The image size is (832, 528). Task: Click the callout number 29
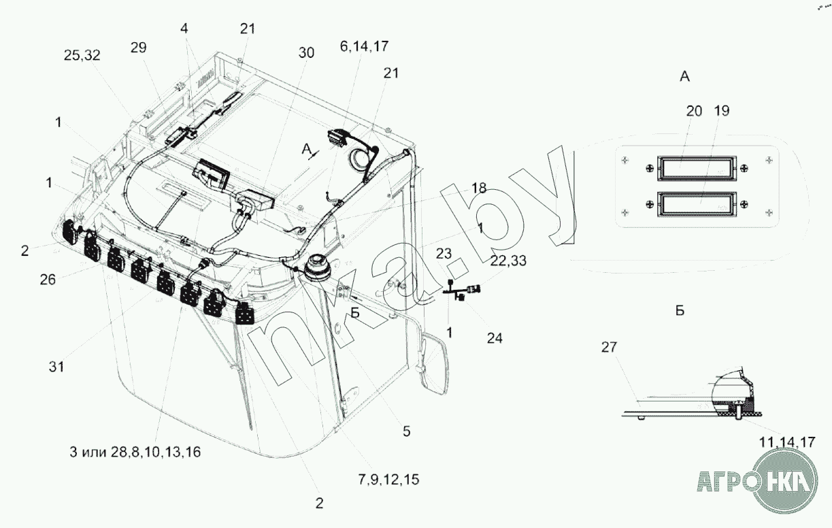point(139,48)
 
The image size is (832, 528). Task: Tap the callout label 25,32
point(82,55)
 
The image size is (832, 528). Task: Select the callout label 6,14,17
point(364,46)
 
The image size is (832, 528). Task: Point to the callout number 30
point(306,53)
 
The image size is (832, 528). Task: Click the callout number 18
point(479,188)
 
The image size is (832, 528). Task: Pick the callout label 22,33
point(508,261)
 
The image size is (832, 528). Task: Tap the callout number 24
point(495,338)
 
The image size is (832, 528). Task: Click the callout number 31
point(56,367)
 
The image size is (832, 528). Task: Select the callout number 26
point(48,280)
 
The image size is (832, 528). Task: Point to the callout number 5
point(407,431)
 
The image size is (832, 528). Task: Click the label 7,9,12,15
point(388,480)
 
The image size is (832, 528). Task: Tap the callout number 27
point(609,347)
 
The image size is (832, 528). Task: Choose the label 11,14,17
point(787,442)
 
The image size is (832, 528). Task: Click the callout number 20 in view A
point(694,111)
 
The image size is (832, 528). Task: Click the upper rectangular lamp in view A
point(697,168)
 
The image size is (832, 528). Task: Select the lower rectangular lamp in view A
point(697,204)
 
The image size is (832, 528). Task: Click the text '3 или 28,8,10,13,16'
point(135,452)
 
